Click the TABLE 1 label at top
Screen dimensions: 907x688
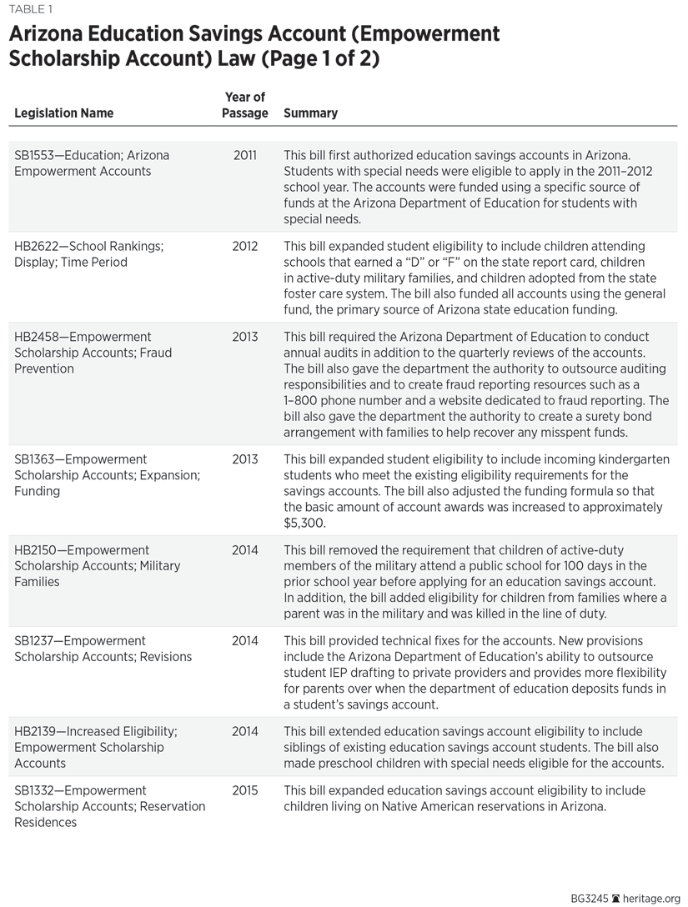[29, 10]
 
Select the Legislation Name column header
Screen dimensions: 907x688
[64, 113]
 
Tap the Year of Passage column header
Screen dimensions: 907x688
[245, 105]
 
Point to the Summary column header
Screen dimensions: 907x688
[311, 113]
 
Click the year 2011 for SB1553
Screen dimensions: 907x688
[245, 155]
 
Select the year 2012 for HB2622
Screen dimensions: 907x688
[245, 247]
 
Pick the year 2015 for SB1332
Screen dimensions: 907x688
[245, 790]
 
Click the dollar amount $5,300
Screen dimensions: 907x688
[304, 524]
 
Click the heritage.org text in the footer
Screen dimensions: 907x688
[652, 899]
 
